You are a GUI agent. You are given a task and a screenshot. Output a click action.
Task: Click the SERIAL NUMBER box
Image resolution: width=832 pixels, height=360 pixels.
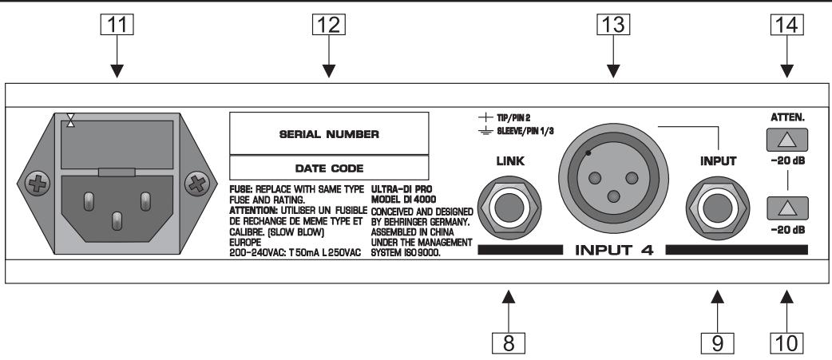327,133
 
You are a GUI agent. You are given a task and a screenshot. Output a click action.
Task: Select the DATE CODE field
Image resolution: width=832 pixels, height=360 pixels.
327,168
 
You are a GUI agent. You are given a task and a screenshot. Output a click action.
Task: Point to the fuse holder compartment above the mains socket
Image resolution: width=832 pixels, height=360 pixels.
117,144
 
